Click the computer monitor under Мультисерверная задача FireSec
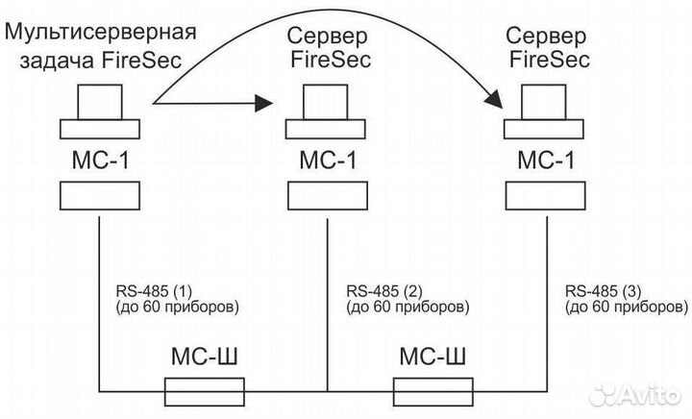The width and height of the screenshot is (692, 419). [x=100, y=100]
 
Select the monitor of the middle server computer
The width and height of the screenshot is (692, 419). [x=328, y=100]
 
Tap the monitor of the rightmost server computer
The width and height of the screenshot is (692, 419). [x=544, y=100]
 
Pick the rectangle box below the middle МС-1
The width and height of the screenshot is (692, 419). [x=328, y=197]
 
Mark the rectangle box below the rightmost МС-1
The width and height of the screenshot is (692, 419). [x=544, y=197]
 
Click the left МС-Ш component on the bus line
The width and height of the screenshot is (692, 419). [x=205, y=391]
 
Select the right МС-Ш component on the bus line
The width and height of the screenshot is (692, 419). [x=434, y=391]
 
